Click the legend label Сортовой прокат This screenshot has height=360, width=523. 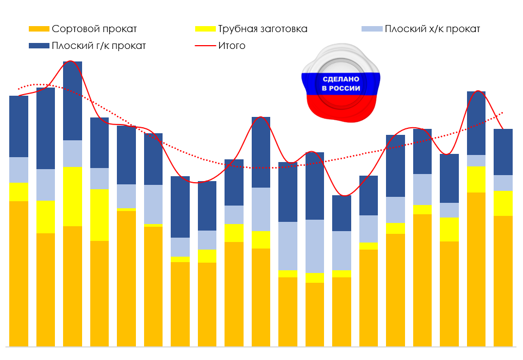(94, 29)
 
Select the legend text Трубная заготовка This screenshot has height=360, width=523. (263, 29)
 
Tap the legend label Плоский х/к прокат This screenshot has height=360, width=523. (432, 29)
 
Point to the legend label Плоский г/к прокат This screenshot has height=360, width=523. (99, 46)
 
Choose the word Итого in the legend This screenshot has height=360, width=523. (232, 46)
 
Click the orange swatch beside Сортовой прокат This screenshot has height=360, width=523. (39, 29)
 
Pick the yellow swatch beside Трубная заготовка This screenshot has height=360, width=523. (206, 29)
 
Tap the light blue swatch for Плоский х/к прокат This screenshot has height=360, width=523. (372, 29)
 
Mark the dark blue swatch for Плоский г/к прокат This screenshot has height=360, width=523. (39, 46)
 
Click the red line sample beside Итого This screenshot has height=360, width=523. (206, 46)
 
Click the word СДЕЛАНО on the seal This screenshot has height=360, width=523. (341, 79)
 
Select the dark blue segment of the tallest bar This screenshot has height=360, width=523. (73, 101)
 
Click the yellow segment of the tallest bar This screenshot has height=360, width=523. (73, 196)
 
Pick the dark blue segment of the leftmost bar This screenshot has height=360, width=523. (18, 127)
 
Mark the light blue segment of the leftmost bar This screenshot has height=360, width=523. (18, 170)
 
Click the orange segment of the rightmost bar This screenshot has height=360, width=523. (503, 281)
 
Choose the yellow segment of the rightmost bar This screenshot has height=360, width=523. (503, 203)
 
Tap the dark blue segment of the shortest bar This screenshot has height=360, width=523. (341, 213)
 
